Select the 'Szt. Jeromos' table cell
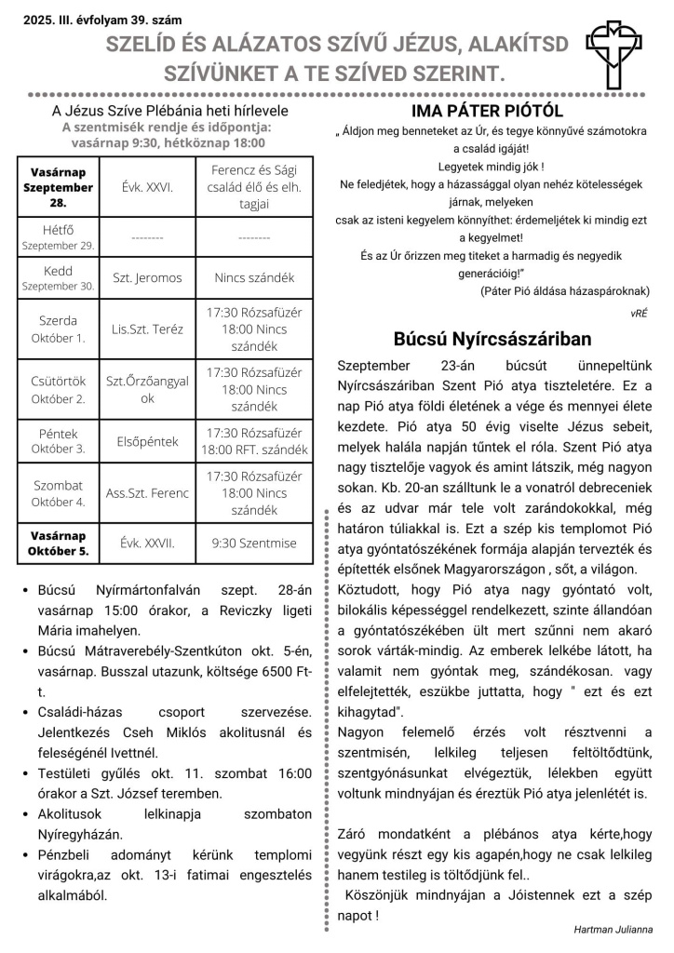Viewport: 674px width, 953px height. (147, 277)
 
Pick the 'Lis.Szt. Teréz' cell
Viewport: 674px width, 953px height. (147, 329)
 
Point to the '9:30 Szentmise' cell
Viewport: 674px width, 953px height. (254, 543)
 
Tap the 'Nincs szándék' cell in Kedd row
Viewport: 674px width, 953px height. (254, 277)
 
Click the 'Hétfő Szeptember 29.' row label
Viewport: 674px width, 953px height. (57, 236)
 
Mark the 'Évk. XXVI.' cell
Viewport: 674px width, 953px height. (147, 186)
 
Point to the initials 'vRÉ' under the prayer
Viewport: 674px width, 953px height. (639, 314)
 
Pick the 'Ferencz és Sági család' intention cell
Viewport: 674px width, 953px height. (254, 187)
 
